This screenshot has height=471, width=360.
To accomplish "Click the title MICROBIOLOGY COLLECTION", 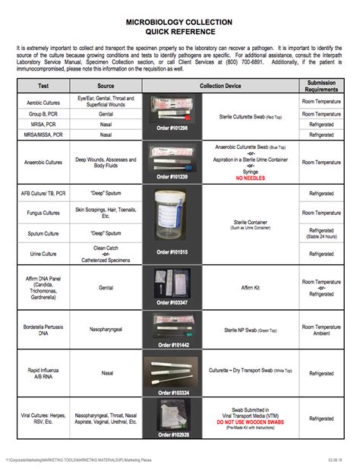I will [180, 24].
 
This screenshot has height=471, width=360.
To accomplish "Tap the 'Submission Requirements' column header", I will [321, 86].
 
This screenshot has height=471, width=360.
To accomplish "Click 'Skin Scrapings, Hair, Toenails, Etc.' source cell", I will [106, 213].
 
